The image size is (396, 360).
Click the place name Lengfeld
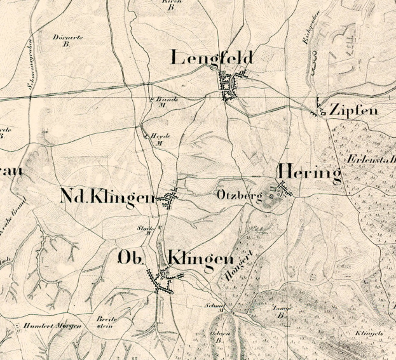[x=212, y=58]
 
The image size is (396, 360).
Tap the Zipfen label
[x=353, y=110]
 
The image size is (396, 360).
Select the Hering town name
[x=308, y=173]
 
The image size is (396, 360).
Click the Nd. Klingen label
[x=107, y=198]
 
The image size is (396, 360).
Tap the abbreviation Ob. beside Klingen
[x=132, y=258]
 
